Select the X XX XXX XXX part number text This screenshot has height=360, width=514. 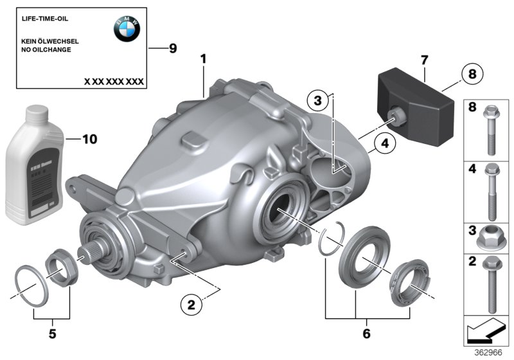coord(114,82)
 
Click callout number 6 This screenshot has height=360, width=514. coord(367,334)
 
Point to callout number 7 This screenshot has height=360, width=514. coord(423,60)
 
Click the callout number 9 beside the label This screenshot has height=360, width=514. coord(172,50)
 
